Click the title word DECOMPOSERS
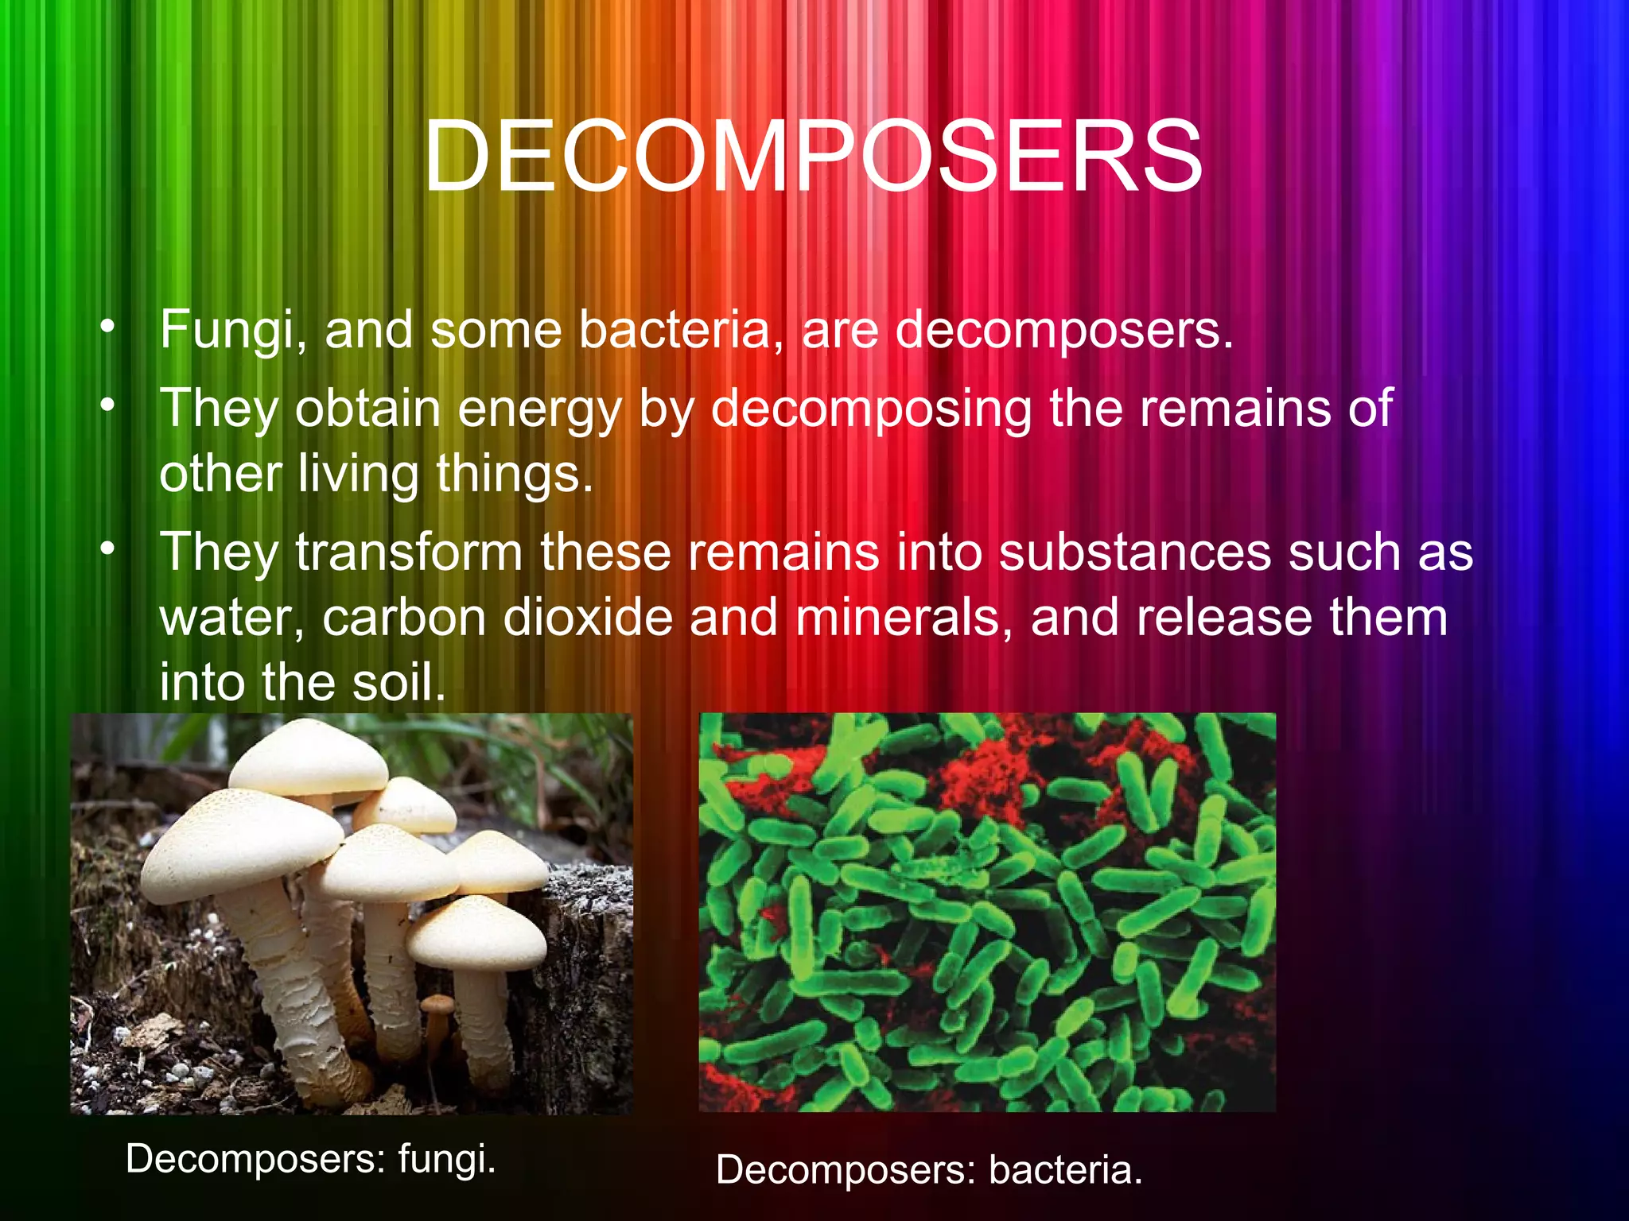point(813,156)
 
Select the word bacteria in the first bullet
point(680,330)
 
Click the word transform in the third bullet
point(409,552)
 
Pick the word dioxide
point(588,618)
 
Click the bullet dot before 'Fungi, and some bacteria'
point(108,327)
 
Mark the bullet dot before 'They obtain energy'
point(108,405)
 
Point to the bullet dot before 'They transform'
point(108,548)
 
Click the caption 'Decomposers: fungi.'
point(311,1159)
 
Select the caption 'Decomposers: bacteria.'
point(929,1170)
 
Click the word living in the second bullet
point(359,475)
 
